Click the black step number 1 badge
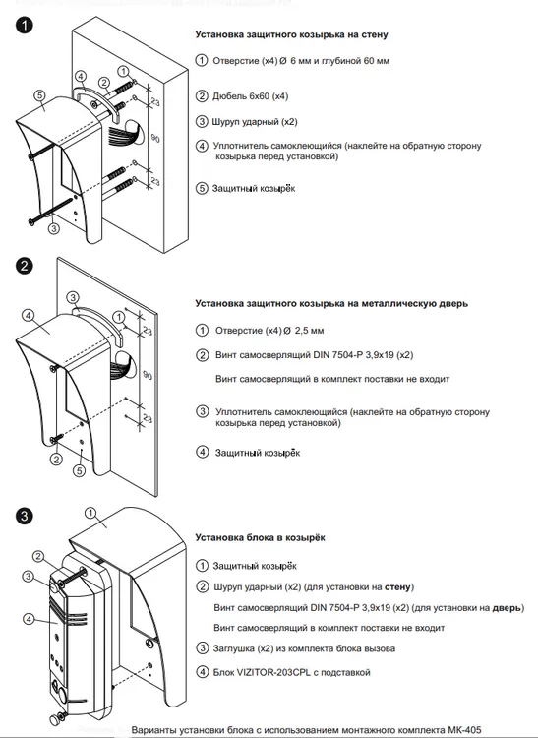(24, 25)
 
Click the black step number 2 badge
(24, 266)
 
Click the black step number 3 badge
(24, 516)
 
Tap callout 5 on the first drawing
(39, 95)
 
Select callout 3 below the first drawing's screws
(54, 228)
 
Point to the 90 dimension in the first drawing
(155, 138)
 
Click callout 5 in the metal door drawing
(80, 470)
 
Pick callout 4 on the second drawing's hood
(28, 315)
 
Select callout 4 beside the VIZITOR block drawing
(29, 619)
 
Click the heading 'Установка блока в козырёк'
(260, 537)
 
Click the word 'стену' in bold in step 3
(398, 586)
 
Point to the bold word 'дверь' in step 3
(507, 608)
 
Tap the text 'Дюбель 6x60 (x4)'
(250, 96)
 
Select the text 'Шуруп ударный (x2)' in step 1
(255, 122)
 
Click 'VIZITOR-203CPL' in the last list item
(271, 672)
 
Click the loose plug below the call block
(58, 719)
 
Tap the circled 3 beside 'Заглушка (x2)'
(202, 648)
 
